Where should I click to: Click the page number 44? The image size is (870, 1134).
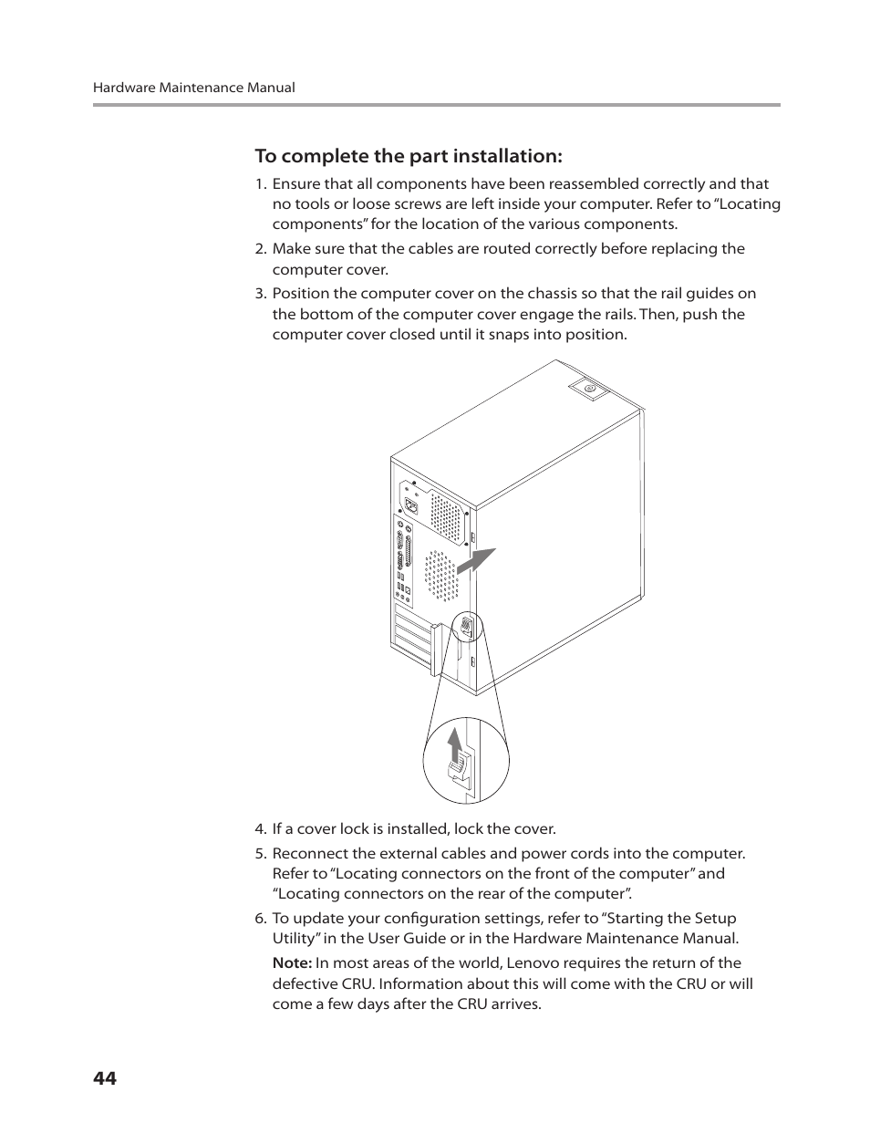point(104,1078)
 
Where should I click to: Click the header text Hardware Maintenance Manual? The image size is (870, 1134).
point(193,88)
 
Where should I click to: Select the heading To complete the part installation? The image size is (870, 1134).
point(409,156)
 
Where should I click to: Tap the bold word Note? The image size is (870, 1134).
point(291,963)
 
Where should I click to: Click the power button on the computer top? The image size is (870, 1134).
point(589,390)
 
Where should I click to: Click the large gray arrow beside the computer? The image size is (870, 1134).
point(475,560)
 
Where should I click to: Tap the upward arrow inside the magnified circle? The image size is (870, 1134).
point(455,749)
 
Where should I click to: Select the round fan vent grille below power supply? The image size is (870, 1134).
point(440,576)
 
